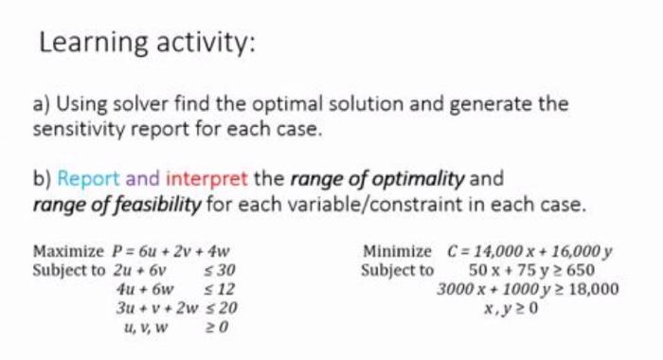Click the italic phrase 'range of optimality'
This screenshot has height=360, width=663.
379,177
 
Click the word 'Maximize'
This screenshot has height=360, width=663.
67,252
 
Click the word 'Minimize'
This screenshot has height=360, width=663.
397,252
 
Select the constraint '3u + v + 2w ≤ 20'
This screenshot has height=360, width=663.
176,307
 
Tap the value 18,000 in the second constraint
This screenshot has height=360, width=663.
590,288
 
